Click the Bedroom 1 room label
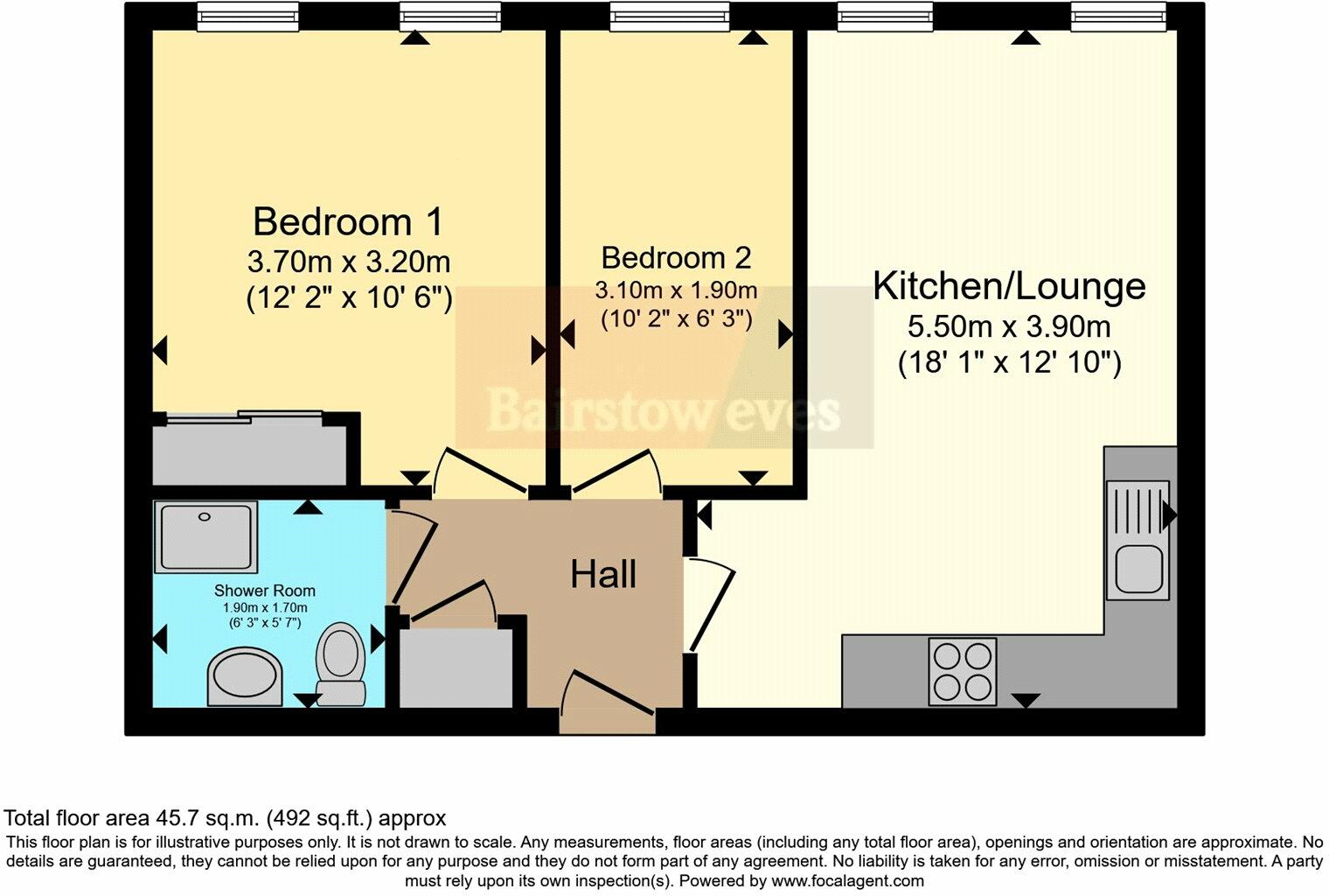tap(348, 222)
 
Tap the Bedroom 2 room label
tap(677, 258)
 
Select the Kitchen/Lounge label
tap(1009, 286)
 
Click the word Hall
tap(603, 574)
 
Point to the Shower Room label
tap(265, 591)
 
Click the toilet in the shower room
tap(341, 664)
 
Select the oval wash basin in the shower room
tap(245, 678)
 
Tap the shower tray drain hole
tap(204, 517)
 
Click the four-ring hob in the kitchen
tap(963, 671)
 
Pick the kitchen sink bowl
tap(1138, 569)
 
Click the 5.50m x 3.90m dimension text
tap(1009, 327)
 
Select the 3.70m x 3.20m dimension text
tap(349, 262)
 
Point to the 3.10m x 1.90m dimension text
tap(677, 291)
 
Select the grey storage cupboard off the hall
tap(456, 668)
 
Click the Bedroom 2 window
tap(669, 17)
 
